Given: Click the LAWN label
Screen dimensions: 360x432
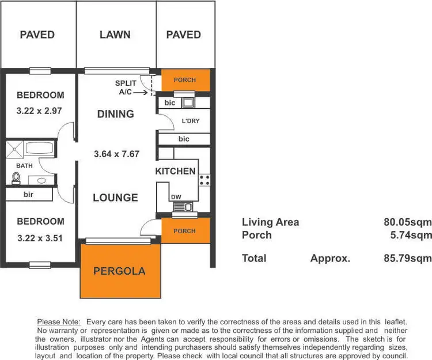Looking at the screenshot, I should coord(115,35).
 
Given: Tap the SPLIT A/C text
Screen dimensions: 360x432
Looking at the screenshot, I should coord(126,88).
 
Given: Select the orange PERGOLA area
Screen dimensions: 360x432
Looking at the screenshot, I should coord(120,271).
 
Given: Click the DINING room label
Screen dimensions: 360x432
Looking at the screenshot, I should coord(115,114).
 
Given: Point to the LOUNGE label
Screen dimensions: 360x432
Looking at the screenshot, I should coord(115,198).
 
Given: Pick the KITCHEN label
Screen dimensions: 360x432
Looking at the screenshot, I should coord(175,171).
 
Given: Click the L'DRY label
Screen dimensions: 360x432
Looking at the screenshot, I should coord(191,122).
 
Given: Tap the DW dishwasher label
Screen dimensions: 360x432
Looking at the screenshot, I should coord(176,198).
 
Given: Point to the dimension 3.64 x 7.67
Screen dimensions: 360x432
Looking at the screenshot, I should coord(117,154).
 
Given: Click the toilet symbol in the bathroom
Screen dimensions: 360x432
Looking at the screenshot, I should coord(16,179).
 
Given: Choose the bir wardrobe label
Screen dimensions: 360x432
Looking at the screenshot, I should coord(28,195).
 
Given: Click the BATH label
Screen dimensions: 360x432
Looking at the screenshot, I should coord(24,166).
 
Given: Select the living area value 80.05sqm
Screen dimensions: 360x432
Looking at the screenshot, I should coord(408,222).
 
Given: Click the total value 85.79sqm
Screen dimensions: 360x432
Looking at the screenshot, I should coord(408,258).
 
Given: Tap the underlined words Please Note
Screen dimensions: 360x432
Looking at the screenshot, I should coord(59,321).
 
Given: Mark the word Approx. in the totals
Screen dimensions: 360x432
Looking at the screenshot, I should coord(330,258).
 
